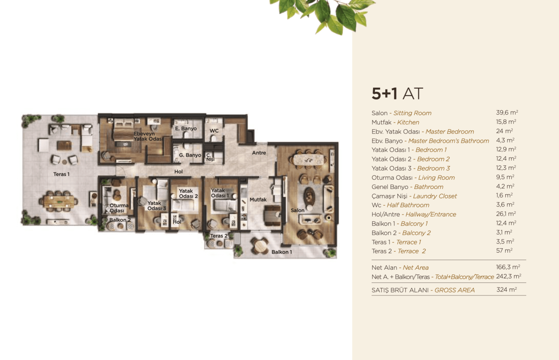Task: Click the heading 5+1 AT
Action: [397, 94]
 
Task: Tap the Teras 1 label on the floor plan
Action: [61, 174]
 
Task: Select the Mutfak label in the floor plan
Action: [258, 199]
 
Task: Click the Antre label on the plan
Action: [259, 153]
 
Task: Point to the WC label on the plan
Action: [214, 130]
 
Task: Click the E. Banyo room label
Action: [186, 129]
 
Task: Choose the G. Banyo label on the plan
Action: [190, 155]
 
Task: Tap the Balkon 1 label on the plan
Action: [281, 252]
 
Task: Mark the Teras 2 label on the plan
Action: [219, 236]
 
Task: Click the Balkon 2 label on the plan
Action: [120, 220]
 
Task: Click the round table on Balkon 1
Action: [260, 246]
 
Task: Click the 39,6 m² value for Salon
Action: [507, 113]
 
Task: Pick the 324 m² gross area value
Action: [507, 290]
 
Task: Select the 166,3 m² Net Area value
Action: [508, 267]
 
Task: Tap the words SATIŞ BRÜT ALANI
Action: [401, 290]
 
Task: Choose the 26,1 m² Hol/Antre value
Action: [506, 214]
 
